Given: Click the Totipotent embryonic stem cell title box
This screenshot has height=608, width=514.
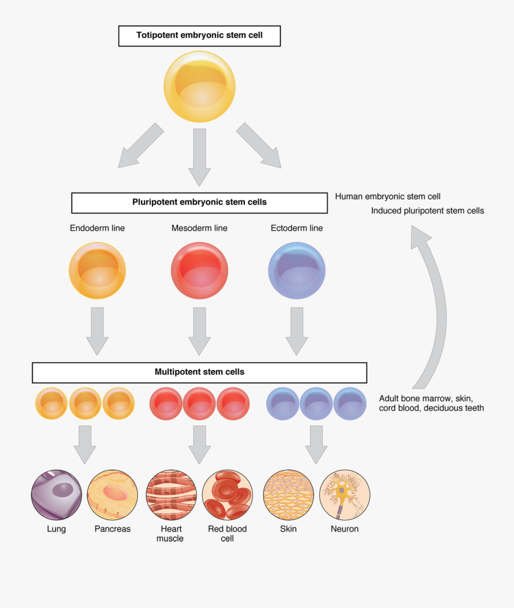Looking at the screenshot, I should (199, 35).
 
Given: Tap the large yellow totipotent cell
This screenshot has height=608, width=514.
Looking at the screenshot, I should (199, 87).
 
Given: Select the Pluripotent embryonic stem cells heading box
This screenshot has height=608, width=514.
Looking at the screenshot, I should (199, 202).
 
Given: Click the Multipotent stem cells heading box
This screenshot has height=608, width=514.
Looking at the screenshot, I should (199, 372).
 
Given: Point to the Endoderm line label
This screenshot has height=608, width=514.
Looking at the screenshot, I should (97, 228).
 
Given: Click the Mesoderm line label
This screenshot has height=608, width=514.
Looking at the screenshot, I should (199, 228).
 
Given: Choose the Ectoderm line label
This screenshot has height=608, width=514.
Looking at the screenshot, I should (296, 228).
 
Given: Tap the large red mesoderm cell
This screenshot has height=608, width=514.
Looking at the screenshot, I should (199, 270).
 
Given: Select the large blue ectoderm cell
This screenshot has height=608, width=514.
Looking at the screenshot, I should (296, 270).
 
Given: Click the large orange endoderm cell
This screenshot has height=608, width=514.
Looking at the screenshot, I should (97, 270).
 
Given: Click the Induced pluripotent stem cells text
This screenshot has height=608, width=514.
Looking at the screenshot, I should (427, 211).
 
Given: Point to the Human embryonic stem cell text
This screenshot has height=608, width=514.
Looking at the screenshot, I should (388, 197).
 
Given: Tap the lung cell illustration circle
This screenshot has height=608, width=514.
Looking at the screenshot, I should (56, 495).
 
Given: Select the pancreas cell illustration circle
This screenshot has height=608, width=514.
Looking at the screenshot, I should (113, 495).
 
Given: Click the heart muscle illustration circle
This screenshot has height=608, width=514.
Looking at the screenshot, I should (170, 495).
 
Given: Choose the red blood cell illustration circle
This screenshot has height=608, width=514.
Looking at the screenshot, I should (227, 495).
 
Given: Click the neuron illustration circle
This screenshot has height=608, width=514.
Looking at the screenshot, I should (344, 495).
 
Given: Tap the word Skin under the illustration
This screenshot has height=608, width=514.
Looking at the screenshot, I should (288, 529).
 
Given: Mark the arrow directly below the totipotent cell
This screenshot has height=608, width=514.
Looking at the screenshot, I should (199, 157).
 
